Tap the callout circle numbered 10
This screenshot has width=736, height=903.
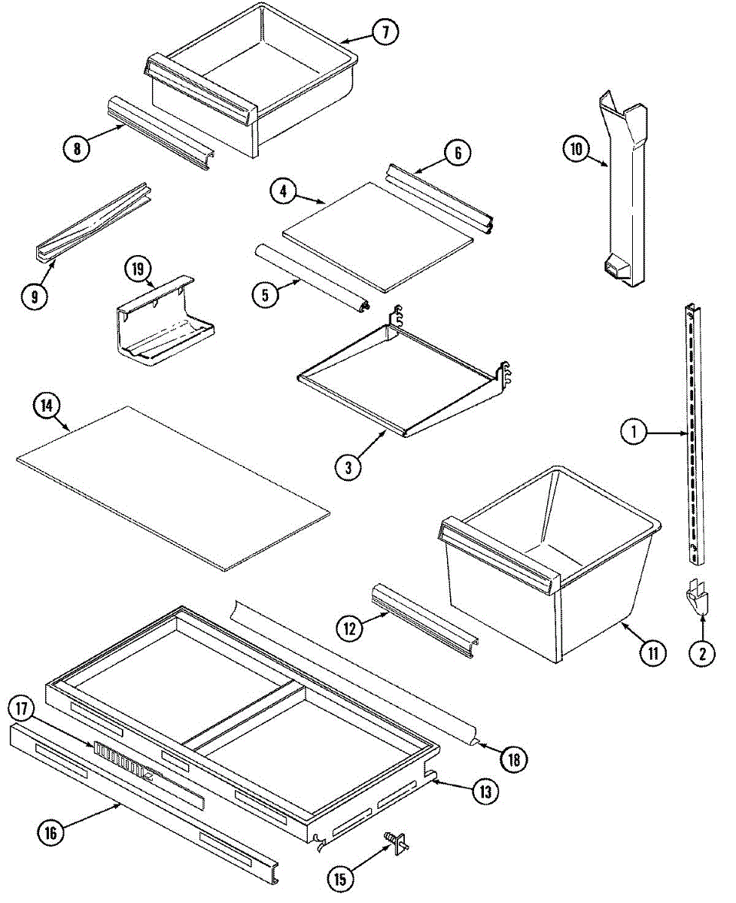click(x=576, y=149)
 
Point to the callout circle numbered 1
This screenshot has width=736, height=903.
click(x=634, y=432)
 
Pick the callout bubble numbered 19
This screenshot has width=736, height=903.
click(x=140, y=269)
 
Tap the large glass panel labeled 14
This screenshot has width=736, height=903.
click(x=173, y=485)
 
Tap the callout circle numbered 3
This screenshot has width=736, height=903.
click(x=348, y=467)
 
